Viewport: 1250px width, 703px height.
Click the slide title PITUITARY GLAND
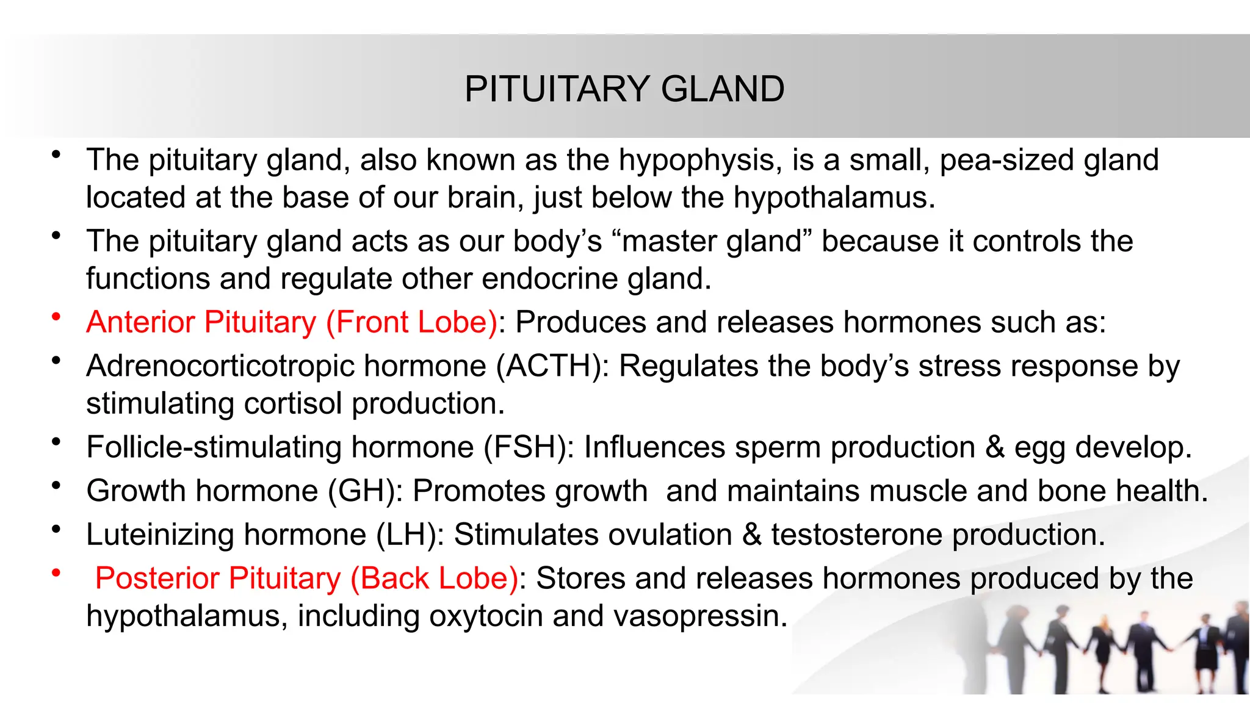[x=624, y=89]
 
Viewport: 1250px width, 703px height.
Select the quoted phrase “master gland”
[x=711, y=241]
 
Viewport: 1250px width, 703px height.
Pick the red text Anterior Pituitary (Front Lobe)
[x=292, y=322]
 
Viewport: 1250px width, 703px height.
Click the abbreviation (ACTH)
[x=552, y=366]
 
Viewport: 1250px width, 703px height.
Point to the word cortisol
[x=293, y=404]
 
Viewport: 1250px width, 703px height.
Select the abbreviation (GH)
[x=365, y=491]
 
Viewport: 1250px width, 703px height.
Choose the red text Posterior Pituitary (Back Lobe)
[x=306, y=579]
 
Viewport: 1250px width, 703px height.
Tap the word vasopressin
[x=700, y=616]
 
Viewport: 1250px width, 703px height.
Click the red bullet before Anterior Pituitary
[x=56, y=316]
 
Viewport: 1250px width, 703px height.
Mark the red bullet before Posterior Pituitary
[x=56, y=572]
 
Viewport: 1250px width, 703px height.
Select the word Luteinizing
[x=160, y=535]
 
